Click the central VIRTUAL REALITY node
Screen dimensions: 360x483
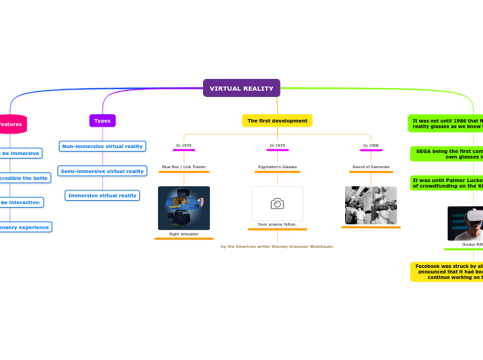241,89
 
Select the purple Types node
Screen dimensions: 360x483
103,120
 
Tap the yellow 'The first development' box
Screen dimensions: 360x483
277,120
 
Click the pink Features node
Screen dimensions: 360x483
11,124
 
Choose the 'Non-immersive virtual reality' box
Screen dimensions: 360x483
103,146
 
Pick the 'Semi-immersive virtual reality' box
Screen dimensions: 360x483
103,171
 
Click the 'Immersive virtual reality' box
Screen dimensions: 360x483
103,195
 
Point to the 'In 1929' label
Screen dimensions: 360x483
184,145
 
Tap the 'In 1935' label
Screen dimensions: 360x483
277,145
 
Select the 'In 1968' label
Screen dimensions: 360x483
371,145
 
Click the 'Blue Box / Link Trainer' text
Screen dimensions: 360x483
184,167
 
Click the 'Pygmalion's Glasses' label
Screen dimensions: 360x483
277,167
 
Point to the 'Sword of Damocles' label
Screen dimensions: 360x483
371,167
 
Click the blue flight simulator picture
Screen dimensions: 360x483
184,208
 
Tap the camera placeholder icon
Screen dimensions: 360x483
277,204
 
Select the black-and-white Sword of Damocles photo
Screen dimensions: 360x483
371,206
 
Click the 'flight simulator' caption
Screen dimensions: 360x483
184,234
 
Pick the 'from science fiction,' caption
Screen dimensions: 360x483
277,224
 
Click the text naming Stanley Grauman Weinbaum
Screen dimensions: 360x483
277,246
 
